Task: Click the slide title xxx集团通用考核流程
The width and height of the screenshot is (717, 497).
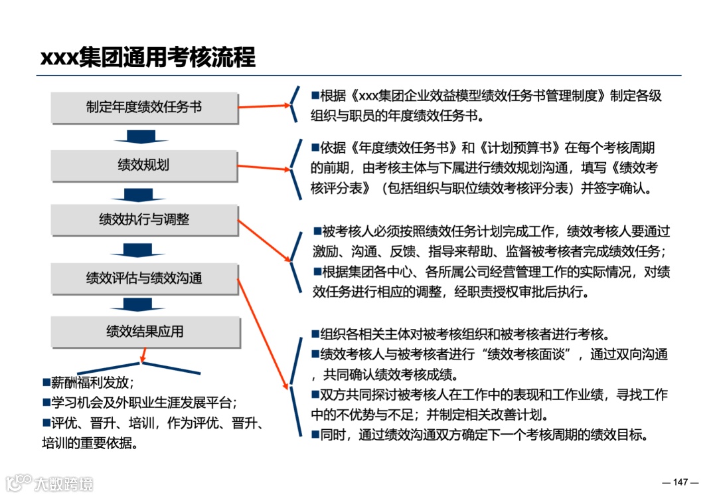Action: tap(147, 57)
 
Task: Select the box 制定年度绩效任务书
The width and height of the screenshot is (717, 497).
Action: tap(144, 107)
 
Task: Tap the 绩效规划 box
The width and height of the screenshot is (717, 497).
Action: tap(144, 165)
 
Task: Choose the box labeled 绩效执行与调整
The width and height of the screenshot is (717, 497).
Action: tap(144, 220)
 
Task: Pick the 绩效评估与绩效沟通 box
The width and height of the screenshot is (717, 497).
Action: tap(144, 278)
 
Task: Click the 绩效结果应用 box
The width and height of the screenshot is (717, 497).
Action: tap(145, 332)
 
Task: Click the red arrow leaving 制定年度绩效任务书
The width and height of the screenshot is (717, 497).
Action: tap(264, 105)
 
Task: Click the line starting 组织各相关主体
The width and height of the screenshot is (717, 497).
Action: tap(464, 334)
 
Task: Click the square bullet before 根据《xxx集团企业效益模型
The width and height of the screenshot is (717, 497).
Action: tap(315, 96)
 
